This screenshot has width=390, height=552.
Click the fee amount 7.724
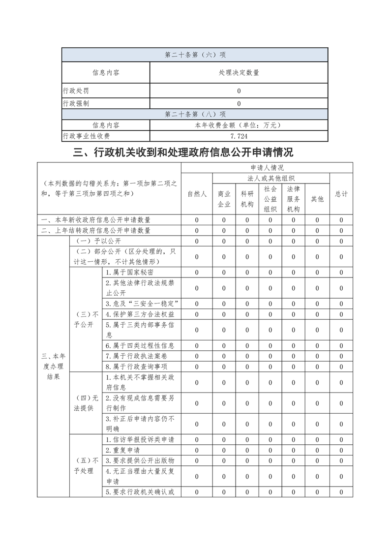point(239,136)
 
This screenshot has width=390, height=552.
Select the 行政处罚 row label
point(76,91)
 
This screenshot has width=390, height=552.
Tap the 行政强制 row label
point(76,104)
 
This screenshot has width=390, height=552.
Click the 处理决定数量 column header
point(239,73)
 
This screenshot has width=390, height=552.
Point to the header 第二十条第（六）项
point(195,55)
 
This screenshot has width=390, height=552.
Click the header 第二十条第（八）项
point(195,115)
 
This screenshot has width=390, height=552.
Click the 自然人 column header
point(197,194)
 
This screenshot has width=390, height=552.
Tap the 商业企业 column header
point(224,199)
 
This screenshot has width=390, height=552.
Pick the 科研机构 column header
point(247,199)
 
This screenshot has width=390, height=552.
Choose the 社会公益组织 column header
point(270,199)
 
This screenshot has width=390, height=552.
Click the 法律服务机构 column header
point(293,199)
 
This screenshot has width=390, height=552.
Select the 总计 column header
point(341,194)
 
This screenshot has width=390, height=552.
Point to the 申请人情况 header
point(267,168)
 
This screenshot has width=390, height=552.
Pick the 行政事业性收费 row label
point(86,136)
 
